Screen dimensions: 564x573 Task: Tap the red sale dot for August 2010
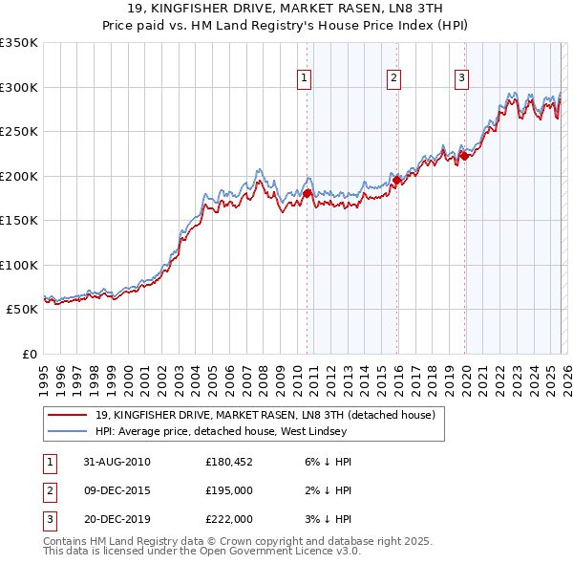[308, 193]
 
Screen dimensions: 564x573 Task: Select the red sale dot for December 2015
[396, 180]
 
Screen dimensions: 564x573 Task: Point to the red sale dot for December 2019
[464, 156]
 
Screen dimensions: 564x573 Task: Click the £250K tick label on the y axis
[19, 132]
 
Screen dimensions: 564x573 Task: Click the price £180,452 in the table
[228, 462]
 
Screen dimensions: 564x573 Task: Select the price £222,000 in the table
[228, 519]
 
